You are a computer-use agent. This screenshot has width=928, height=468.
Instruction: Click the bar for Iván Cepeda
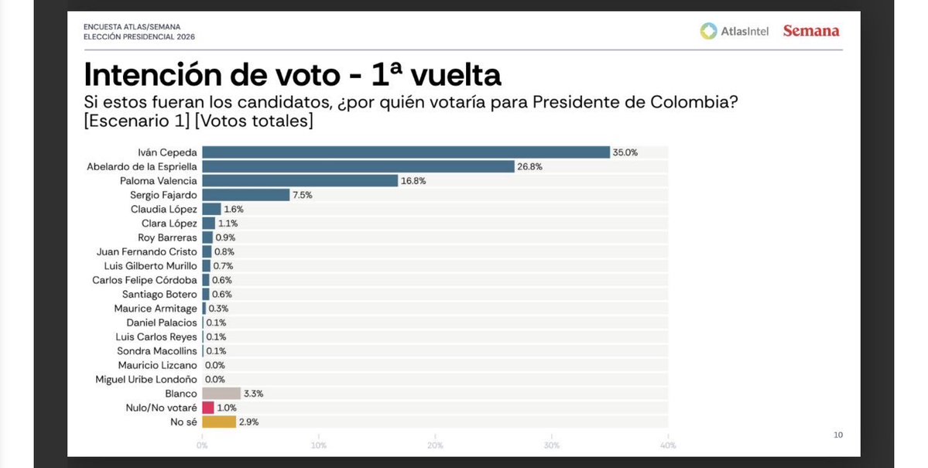pos(406,152)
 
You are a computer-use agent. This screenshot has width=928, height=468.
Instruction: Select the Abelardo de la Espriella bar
pos(358,166)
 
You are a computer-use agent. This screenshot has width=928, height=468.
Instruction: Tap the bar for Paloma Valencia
pos(300,181)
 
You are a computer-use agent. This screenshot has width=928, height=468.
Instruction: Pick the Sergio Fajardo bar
pos(245,195)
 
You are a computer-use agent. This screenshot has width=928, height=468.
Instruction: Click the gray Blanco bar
pos(221,394)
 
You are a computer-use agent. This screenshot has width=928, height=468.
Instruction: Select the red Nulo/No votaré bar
pos(207,408)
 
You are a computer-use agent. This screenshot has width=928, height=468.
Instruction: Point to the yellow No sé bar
pos(218,422)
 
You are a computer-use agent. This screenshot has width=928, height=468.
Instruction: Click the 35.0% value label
pos(625,152)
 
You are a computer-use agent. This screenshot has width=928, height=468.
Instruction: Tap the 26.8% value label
pos(529,166)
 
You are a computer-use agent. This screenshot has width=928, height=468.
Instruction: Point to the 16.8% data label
pos(413,181)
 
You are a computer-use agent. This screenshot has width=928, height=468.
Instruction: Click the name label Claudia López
pos(164,209)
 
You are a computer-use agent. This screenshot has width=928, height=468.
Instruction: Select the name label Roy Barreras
pos(167,237)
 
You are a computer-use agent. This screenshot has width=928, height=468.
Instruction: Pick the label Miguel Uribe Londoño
pos(146,379)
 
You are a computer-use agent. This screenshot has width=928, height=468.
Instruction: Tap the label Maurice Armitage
pos(156,309)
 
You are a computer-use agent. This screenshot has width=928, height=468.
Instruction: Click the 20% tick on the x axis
pos(435,445)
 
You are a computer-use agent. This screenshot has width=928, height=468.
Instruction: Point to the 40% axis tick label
pos(667,445)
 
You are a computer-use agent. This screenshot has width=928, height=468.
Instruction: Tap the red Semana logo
pos(810,31)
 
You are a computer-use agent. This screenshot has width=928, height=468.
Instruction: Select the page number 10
pos(837,436)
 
